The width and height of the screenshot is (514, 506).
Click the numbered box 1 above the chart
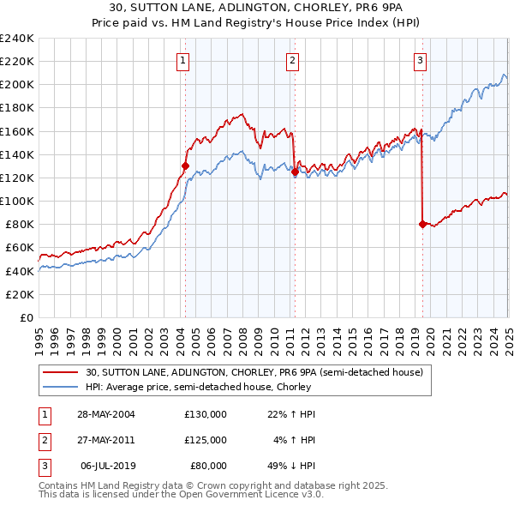[184, 60]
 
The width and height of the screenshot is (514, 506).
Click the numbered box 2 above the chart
[293, 60]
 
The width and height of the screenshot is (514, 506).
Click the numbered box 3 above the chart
[421, 60]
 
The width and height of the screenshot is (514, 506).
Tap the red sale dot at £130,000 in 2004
[185, 166]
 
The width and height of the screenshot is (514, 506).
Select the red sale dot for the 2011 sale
[295, 172]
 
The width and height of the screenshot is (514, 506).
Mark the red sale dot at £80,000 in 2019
[422, 224]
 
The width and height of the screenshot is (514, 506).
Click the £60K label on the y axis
[19, 248]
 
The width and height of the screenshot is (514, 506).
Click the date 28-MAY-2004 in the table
[106, 414]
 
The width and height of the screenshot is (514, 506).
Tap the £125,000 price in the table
[206, 440]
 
